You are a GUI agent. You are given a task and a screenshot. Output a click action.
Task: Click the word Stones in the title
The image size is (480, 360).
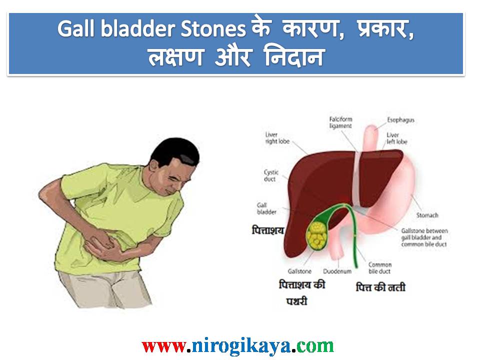click(x=215, y=29)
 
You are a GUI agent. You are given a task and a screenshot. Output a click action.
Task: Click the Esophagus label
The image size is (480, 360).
click(x=400, y=120)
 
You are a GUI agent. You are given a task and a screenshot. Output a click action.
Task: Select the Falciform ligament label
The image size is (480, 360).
click(x=340, y=122)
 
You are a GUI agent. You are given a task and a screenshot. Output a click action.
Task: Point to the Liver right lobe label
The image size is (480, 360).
click(x=277, y=138)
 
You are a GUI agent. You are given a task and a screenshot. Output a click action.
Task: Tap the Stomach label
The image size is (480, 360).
click(x=427, y=215)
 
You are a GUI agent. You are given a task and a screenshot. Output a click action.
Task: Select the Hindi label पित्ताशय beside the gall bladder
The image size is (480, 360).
click(x=267, y=230)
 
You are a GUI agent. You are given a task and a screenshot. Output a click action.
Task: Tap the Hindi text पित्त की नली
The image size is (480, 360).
click(x=380, y=287)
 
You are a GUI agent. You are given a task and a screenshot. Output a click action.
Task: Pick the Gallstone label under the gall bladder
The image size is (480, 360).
click(x=300, y=271)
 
